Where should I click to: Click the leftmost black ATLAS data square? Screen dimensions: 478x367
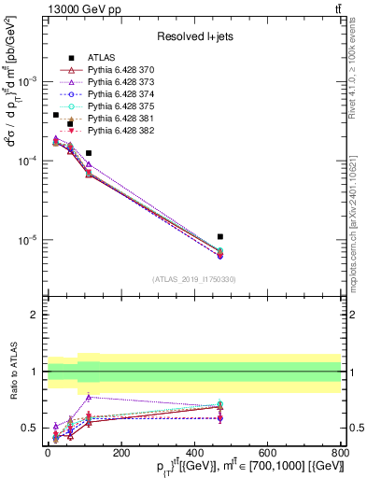56,115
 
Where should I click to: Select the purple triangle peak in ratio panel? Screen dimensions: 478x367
89,397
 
